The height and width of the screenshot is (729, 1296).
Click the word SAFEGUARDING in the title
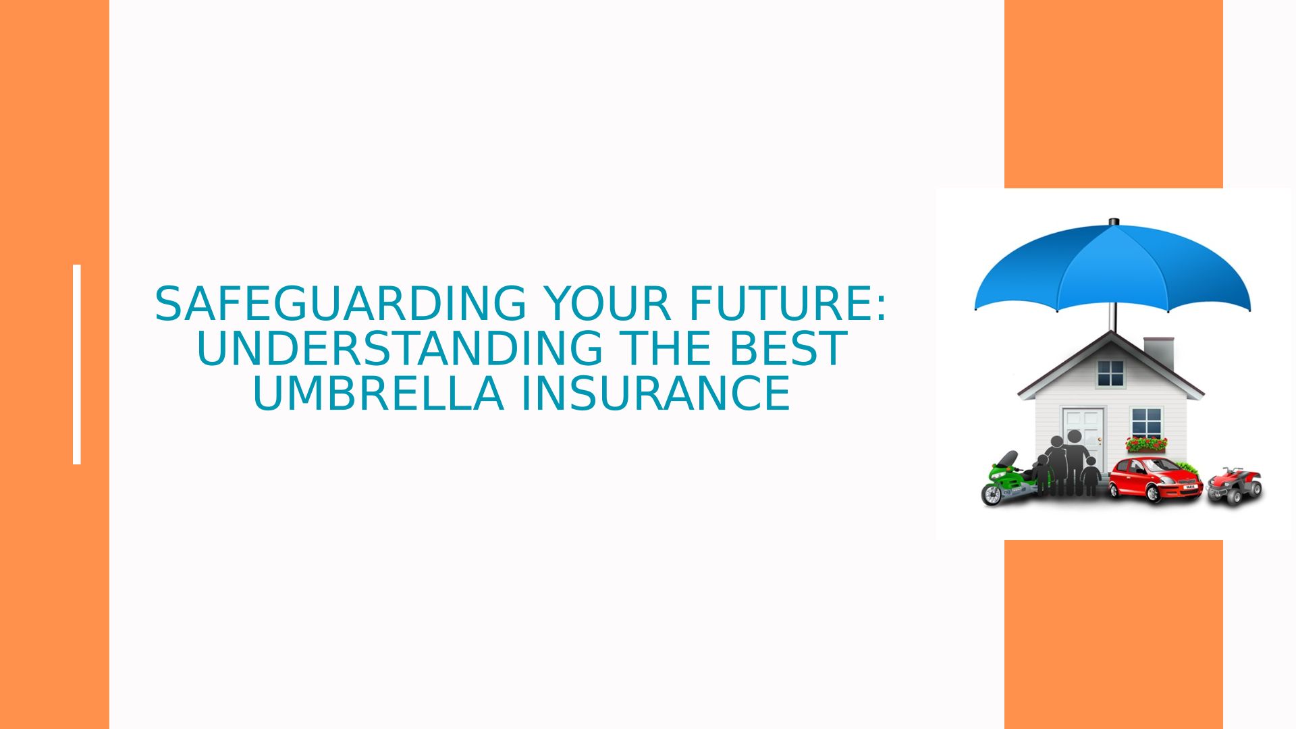[340, 304]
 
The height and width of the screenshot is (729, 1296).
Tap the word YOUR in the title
[607, 304]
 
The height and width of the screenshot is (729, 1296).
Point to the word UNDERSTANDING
[399, 348]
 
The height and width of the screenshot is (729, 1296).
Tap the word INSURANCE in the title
[655, 394]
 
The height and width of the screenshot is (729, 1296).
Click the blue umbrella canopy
[1112, 267]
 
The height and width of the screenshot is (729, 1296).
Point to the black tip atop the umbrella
[1114, 221]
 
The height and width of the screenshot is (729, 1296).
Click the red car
[1156, 479]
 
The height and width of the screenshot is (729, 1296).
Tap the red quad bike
[1235, 485]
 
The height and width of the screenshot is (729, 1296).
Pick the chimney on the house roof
[1159, 352]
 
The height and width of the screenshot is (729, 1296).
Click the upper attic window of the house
[1110, 373]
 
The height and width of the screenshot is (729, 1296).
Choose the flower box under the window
[1146, 444]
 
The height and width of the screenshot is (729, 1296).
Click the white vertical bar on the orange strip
[77, 364]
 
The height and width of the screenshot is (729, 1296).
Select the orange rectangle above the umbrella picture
[1114, 94]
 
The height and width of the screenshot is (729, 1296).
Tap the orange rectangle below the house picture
[1114, 634]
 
